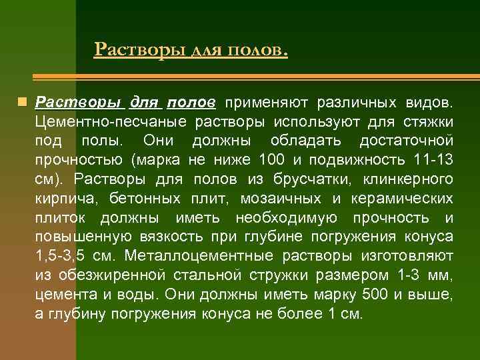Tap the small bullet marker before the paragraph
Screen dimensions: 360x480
pos(22,103)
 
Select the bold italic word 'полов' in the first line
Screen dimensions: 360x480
pos(191,103)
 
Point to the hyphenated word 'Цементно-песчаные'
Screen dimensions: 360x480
pos(112,123)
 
